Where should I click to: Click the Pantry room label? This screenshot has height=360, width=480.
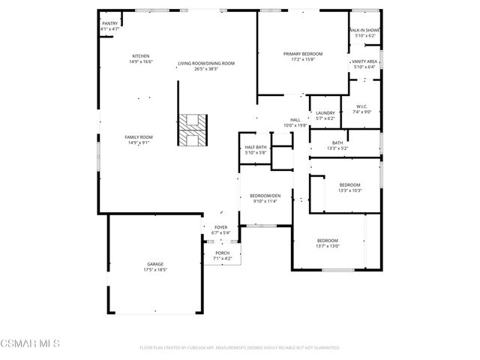[109, 26]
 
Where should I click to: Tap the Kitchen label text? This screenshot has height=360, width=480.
[142, 59]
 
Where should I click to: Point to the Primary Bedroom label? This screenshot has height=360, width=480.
[303, 57]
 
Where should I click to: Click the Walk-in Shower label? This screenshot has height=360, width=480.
[365, 33]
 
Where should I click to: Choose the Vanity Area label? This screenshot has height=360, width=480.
[366, 64]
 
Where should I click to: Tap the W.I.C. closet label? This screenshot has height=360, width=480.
[361, 109]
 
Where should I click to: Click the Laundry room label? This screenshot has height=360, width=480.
[325, 115]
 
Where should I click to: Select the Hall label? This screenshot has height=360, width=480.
[295, 123]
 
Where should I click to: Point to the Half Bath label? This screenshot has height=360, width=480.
[256, 150]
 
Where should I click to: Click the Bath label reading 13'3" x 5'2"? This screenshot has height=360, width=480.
[337, 145]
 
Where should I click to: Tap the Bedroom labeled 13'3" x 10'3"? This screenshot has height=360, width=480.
[349, 187]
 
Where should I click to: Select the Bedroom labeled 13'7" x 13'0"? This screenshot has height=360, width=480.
[327, 243]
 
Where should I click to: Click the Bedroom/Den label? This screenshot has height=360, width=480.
[264, 198]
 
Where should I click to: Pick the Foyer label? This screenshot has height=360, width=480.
[220, 230]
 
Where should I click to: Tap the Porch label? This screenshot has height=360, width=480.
[223, 256]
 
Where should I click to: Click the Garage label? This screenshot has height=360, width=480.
[155, 267]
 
